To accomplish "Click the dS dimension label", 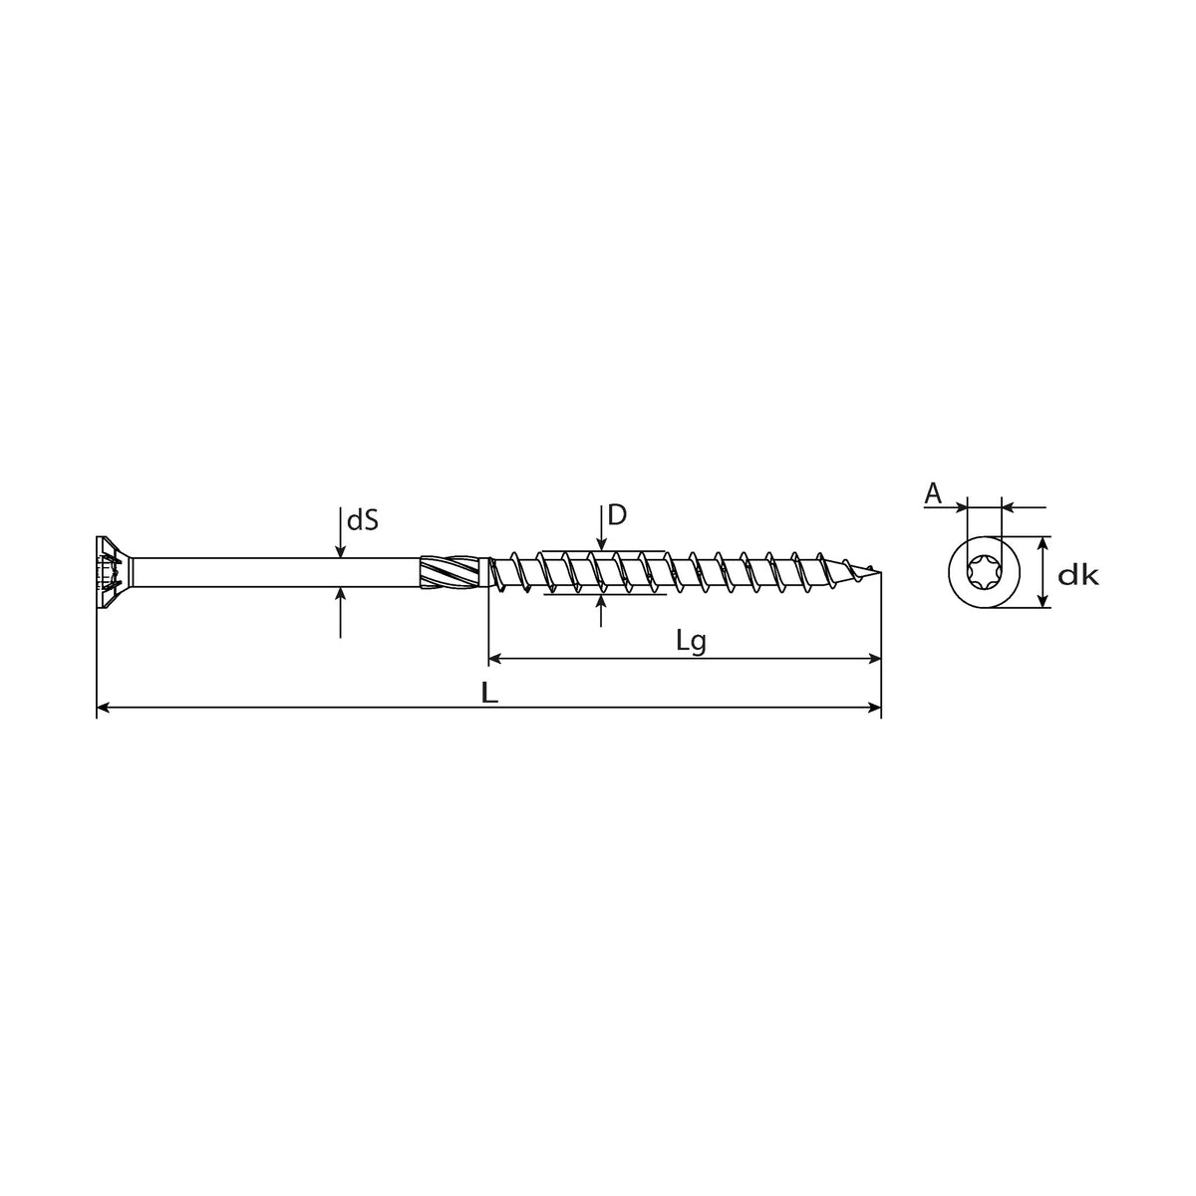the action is tap(363, 521).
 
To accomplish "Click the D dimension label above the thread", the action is tap(617, 515).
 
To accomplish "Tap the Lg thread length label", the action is tap(691, 643).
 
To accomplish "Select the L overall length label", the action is tap(490, 694).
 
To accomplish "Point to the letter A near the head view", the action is tap(933, 493).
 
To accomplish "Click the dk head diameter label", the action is tap(1078, 576).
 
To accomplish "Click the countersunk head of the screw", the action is tap(115, 572).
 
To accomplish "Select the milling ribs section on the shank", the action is tap(451, 572).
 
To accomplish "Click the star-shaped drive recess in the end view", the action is tap(984, 572).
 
